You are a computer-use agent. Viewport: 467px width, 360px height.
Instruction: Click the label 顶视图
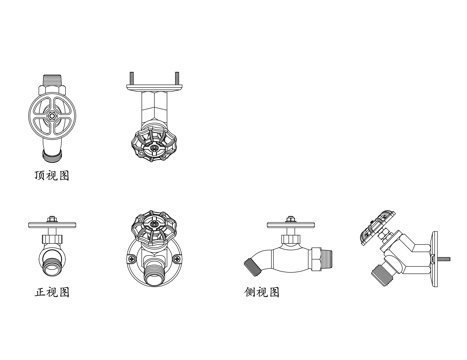click(x=52, y=175)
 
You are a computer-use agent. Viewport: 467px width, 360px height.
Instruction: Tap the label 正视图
click(x=52, y=292)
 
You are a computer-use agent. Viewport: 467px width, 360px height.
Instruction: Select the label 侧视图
click(x=262, y=292)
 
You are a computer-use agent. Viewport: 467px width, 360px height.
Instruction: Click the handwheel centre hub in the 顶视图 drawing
click(x=52, y=115)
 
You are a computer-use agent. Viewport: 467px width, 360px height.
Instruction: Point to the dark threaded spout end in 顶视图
click(x=52, y=156)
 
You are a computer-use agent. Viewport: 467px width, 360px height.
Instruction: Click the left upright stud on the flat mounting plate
click(x=132, y=78)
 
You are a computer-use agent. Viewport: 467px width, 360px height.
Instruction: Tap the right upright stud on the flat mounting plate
click(x=177, y=78)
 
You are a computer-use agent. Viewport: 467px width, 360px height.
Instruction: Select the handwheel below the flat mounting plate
click(x=154, y=145)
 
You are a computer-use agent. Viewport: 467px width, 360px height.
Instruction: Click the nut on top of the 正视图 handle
click(x=52, y=219)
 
